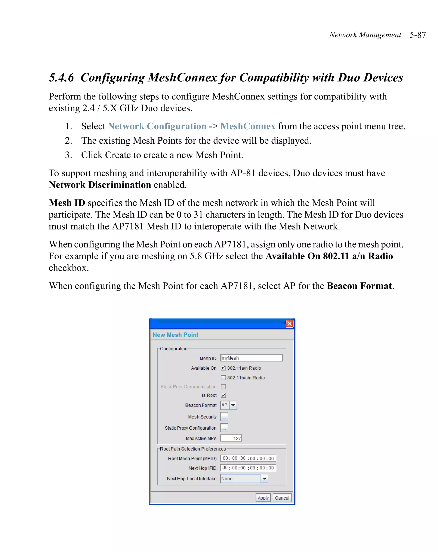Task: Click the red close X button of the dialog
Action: pyautogui.click(x=289, y=324)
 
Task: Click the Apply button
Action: pyautogui.click(x=263, y=498)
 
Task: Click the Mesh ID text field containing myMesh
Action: pyautogui.click(x=252, y=358)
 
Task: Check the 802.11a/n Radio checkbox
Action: pyautogui.click(x=223, y=368)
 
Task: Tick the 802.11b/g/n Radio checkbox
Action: pyautogui.click(x=223, y=378)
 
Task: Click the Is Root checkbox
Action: pyautogui.click(x=223, y=395)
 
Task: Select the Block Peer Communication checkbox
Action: pyautogui.click(x=223, y=387)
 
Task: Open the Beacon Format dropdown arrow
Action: pyautogui.click(x=233, y=405)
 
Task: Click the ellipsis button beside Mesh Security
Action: pyautogui.click(x=224, y=417)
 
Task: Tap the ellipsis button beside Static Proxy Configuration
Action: pyautogui.click(x=224, y=428)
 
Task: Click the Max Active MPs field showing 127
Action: pyautogui.click(x=231, y=438)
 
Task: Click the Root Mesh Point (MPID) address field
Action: pyautogui.click(x=248, y=458)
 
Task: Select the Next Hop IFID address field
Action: pyautogui.click(x=248, y=468)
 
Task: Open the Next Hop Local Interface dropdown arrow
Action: pyautogui.click(x=264, y=478)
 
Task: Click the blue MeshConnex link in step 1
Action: pyautogui.click(x=248, y=126)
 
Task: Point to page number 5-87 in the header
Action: pyautogui.click(x=417, y=35)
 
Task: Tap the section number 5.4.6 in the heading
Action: pyautogui.click(x=61, y=77)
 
